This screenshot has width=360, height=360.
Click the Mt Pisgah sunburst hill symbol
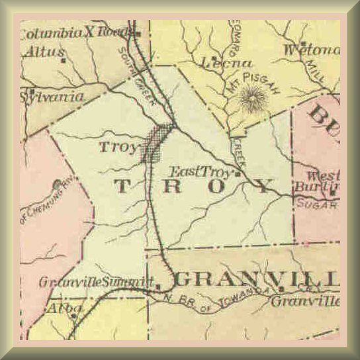click(x=251, y=102)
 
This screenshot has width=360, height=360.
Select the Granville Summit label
click(x=91, y=283)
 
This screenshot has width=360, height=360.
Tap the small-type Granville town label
click(x=304, y=302)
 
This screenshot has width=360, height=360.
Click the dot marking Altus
click(x=63, y=60)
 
